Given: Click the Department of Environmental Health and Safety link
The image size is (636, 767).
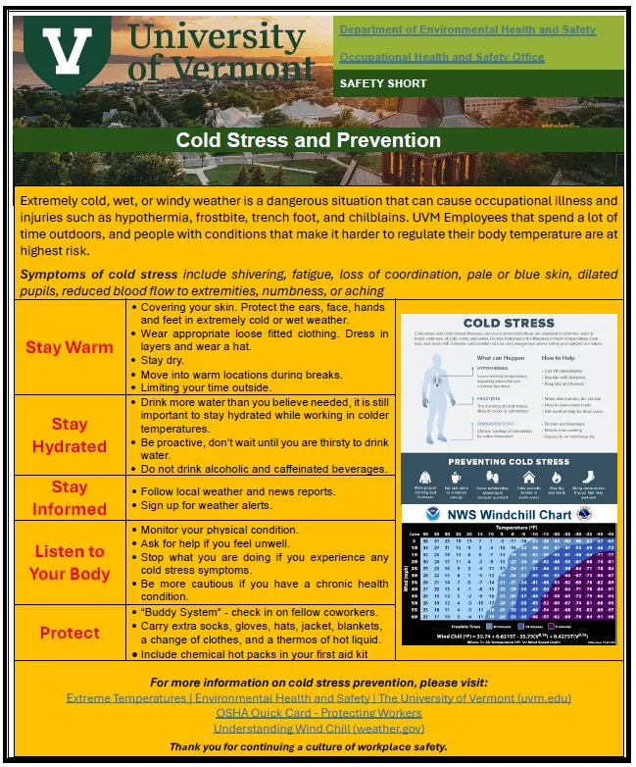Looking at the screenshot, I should pyautogui.click(x=467, y=29).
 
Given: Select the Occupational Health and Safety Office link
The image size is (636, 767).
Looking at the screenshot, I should pyautogui.click(x=441, y=57).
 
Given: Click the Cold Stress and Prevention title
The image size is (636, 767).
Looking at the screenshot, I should pyautogui.click(x=308, y=140).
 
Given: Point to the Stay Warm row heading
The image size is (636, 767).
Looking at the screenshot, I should pyautogui.click(x=70, y=347).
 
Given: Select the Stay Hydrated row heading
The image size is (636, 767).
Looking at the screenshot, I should pyautogui.click(x=70, y=435).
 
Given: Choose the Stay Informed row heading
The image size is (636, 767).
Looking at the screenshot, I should pyautogui.click(x=70, y=497).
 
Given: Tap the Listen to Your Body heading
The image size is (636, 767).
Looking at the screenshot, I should pyautogui.click(x=70, y=562).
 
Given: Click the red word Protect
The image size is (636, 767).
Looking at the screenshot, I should pyautogui.click(x=70, y=633).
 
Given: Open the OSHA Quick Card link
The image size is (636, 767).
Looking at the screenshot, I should pyautogui.click(x=318, y=713).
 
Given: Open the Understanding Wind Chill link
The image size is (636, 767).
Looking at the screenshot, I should pyautogui.click(x=318, y=729).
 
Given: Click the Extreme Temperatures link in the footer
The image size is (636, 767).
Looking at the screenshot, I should pyautogui.click(x=318, y=698).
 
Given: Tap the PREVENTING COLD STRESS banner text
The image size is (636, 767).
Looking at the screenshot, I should pyautogui.click(x=509, y=462).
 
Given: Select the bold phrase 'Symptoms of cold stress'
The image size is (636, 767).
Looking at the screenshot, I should pyautogui.click(x=99, y=274).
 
